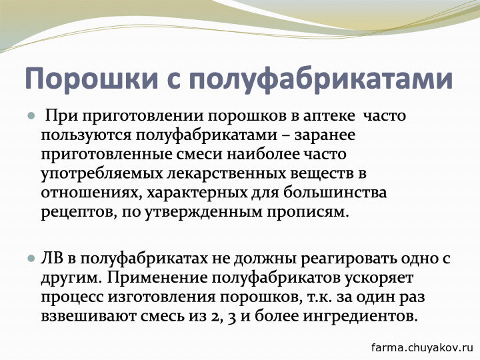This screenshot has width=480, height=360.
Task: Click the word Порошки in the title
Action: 91,78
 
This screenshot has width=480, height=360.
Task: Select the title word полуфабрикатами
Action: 321,78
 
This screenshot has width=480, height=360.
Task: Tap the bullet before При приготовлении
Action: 31,116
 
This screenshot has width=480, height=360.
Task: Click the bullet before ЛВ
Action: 31,259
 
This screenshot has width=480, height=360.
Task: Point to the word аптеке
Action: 329,116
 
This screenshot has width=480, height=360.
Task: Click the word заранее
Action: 325,135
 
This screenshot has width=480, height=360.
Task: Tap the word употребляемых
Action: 102,173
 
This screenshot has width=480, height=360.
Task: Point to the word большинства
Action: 335,193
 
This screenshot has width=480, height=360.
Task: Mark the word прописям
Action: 307,212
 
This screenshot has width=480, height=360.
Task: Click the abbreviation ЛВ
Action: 53,259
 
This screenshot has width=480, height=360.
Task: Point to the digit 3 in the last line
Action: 232,317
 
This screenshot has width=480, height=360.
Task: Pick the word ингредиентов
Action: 360,316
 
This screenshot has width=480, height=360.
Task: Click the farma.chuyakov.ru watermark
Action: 422,347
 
